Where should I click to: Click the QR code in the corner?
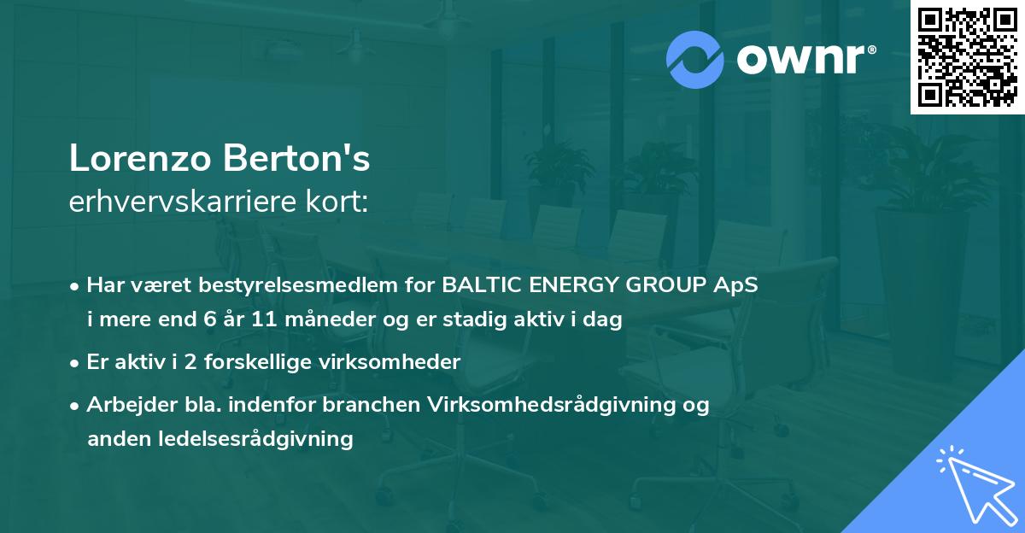(x=966, y=56)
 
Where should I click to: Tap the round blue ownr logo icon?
(x=695, y=59)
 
